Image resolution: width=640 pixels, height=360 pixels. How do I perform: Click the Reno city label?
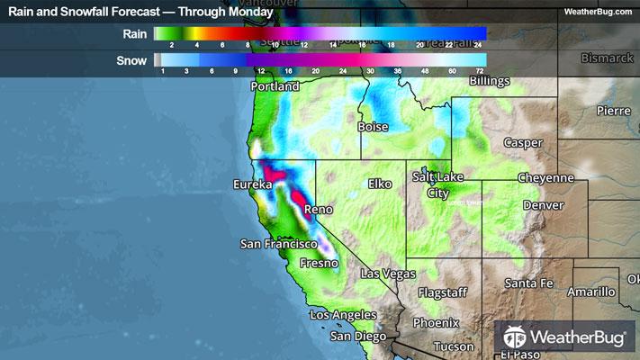pos(319,210)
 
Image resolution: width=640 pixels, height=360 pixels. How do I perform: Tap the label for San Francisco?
pos(279,244)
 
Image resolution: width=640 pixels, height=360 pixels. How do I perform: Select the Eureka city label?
pos(252,184)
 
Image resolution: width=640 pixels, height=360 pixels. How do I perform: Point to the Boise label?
pos(373,128)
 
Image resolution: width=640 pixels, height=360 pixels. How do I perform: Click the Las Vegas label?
pos(387,274)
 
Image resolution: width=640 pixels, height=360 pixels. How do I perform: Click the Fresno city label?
pos(319,264)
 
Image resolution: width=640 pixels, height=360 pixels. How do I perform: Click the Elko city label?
pos(381,184)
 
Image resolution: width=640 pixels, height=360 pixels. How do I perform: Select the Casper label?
pos(522,143)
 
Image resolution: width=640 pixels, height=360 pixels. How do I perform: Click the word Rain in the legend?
pos(135,33)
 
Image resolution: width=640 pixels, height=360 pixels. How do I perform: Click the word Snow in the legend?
pos(133,60)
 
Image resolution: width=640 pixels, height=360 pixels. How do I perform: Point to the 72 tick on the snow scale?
pos(480,70)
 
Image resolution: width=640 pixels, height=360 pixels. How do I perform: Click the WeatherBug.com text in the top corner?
pos(598,12)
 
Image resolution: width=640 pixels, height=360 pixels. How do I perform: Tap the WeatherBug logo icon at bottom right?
pos(514,338)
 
